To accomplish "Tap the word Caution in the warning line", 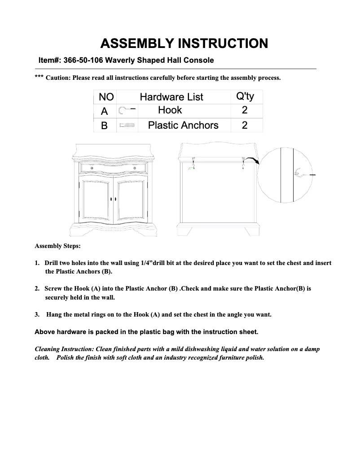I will [58, 78].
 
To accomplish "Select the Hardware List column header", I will [171, 97].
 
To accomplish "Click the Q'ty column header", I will [245, 96].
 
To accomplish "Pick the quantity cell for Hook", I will [245, 110].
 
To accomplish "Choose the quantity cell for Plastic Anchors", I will [245, 125].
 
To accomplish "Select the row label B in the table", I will [105, 126].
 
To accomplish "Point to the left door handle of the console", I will [110, 199].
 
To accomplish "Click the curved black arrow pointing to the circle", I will [254, 161].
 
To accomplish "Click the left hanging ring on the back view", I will [193, 161].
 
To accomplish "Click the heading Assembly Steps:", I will [57, 246].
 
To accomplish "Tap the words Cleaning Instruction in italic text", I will [65, 349].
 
